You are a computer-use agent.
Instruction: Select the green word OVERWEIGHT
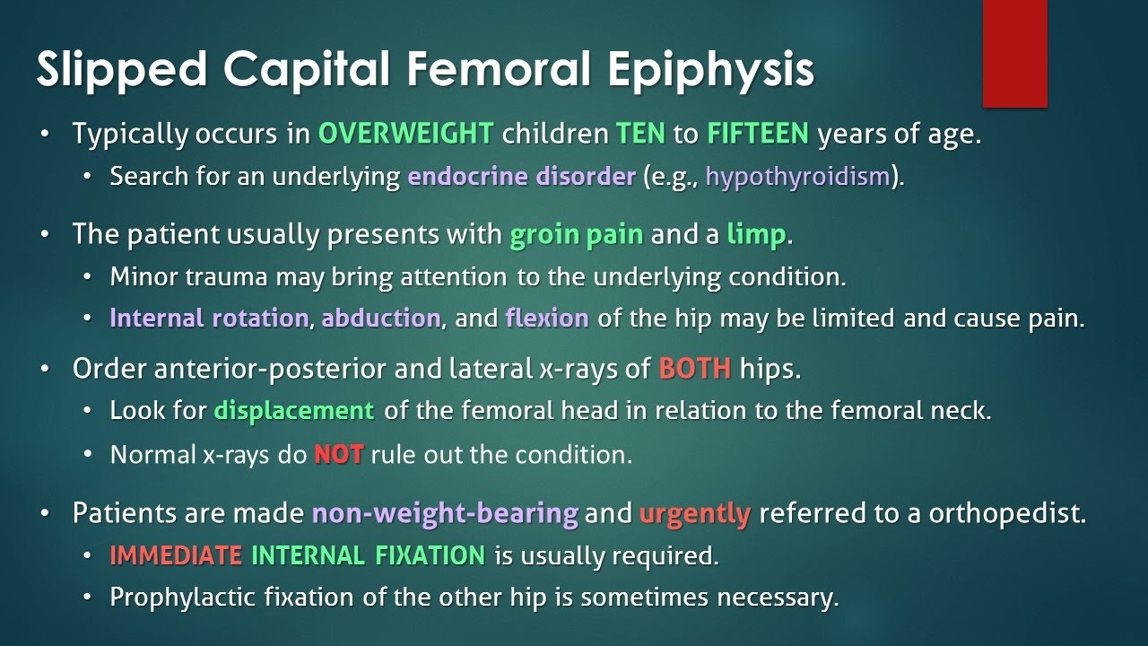(405, 135)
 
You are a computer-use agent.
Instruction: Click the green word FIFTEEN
(758, 135)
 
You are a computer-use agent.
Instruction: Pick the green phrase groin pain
(577, 235)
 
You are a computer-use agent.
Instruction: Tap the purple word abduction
(381, 319)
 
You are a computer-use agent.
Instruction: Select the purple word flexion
(547, 319)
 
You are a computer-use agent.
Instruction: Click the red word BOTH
(695, 369)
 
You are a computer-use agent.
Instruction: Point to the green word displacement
(294, 411)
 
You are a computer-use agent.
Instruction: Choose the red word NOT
(338, 454)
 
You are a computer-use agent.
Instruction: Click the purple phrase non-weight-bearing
(445, 514)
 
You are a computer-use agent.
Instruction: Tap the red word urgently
(695, 514)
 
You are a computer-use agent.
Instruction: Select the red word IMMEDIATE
(176, 555)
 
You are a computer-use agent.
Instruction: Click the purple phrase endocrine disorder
(521, 176)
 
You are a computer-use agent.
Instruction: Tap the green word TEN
(640, 135)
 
